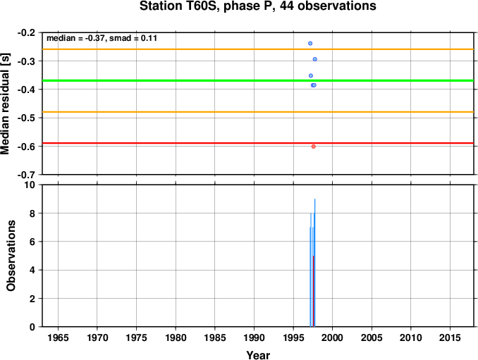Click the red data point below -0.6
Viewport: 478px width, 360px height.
point(314,147)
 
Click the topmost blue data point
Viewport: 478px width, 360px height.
point(310,43)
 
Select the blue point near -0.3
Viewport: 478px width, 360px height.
point(315,59)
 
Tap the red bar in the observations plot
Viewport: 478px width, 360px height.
point(314,291)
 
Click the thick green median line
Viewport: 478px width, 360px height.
point(258,81)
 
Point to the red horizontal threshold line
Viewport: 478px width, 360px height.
point(258,143)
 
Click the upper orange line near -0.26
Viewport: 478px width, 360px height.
point(258,49)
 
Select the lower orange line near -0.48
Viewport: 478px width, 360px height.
point(258,112)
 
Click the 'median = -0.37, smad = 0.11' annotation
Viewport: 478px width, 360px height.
point(102,38)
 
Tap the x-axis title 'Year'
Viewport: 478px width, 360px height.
point(258,355)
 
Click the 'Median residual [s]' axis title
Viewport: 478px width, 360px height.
point(6,104)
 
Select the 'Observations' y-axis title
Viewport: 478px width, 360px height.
point(11,256)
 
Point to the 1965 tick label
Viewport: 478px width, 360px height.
point(58,337)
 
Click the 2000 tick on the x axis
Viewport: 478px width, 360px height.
point(332,337)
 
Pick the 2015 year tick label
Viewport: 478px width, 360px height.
point(450,337)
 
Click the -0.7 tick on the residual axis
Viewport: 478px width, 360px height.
point(26,175)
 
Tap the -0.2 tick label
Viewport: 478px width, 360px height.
point(26,32)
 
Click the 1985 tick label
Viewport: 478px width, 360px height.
point(215,337)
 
